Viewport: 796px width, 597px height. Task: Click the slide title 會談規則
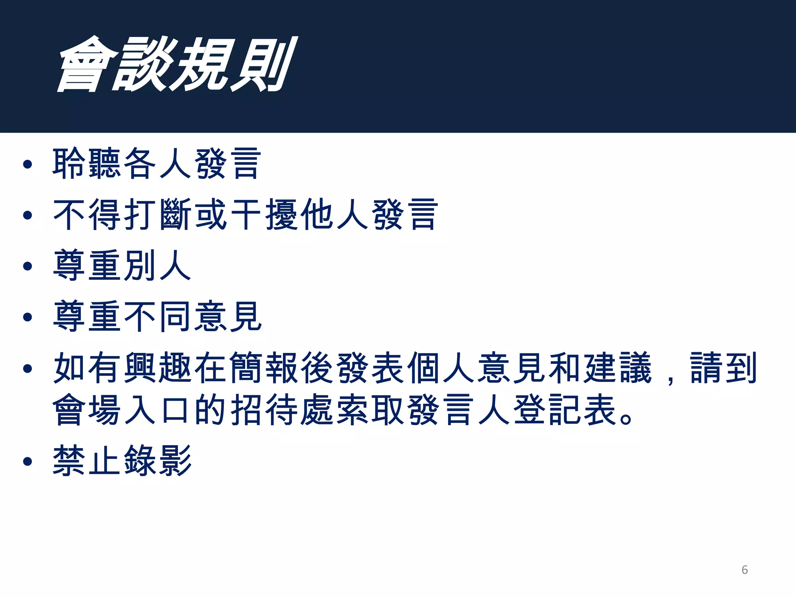(x=177, y=65)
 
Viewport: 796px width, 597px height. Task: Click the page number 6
(x=744, y=570)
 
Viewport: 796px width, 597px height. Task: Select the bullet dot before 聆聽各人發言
(x=27, y=164)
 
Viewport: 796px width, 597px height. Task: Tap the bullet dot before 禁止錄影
(x=27, y=461)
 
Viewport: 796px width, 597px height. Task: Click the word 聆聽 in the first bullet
(x=87, y=164)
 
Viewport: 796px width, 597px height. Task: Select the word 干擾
(x=264, y=215)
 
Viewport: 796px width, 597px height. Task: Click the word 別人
(x=158, y=265)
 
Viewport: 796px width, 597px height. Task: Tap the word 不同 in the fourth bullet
(x=158, y=316)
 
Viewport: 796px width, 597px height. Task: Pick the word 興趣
(x=158, y=368)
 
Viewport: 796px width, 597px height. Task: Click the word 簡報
(x=264, y=368)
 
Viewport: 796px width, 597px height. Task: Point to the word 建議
(x=618, y=368)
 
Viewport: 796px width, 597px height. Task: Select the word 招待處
(x=282, y=410)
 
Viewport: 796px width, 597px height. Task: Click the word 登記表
(x=566, y=410)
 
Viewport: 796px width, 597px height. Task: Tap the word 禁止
(x=87, y=461)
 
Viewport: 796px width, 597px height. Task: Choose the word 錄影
(x=158, y=461)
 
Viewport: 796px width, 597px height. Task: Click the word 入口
(x=158, y=410)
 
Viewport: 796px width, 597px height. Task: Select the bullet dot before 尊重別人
(x=27, y=266)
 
